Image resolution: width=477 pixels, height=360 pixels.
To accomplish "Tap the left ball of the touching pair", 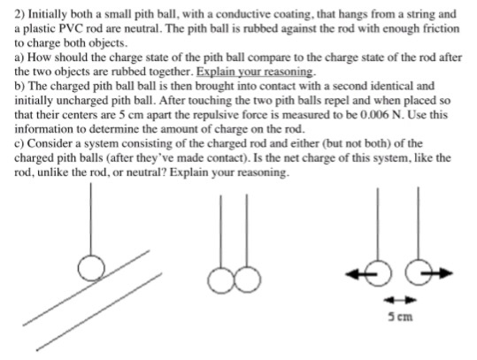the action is pos(220,280).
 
